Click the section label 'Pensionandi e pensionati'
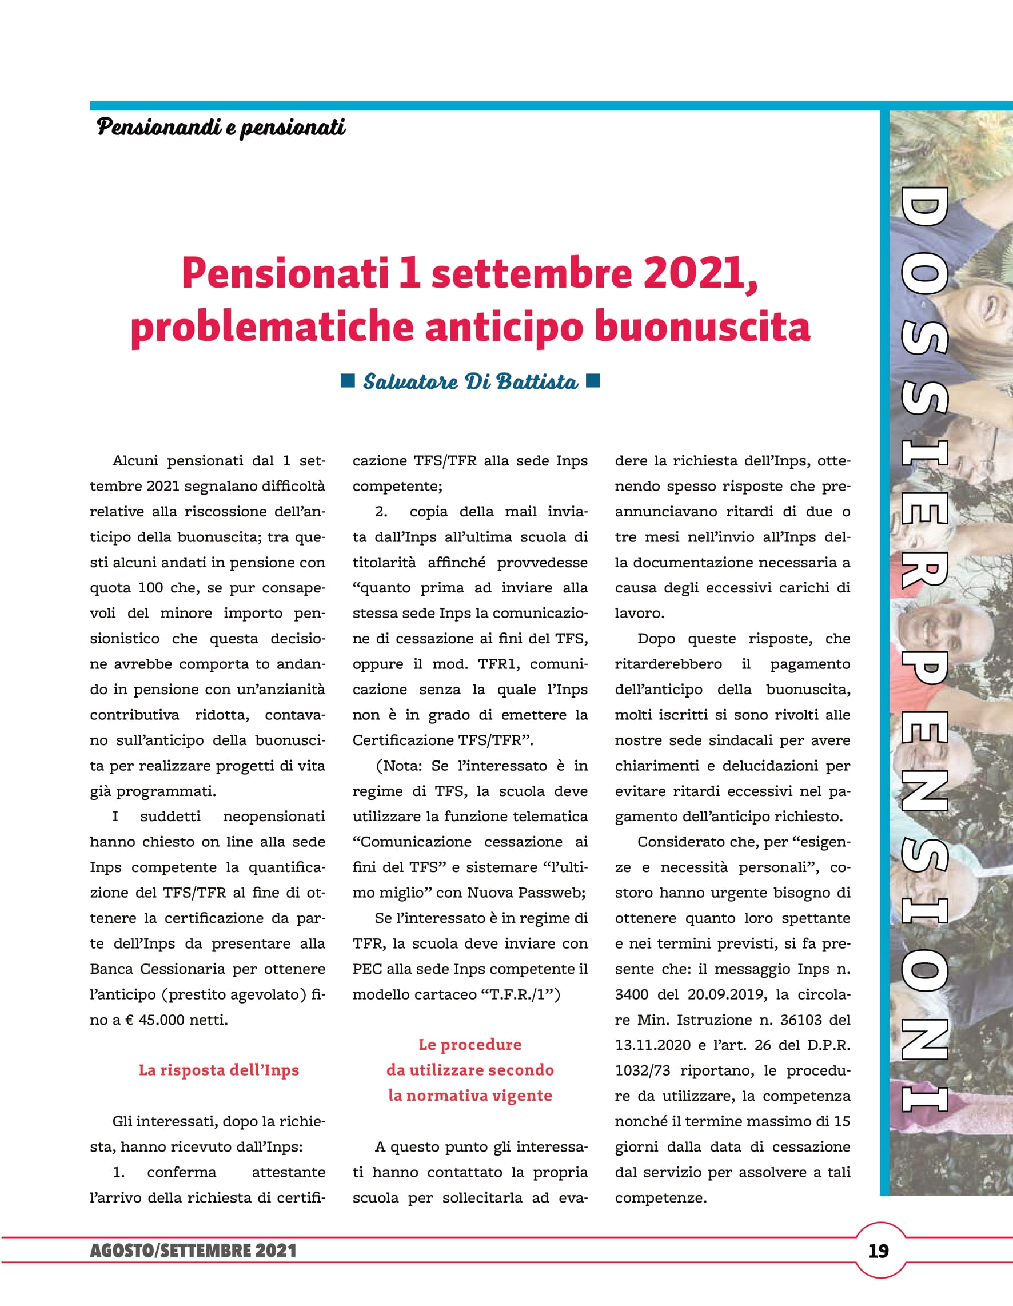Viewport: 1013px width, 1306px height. coord(221,127)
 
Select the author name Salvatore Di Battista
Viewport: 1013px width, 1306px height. coord(470,381)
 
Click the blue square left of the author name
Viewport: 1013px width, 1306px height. coord(348,380)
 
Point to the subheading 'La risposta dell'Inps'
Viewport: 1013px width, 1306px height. coord(219,1070)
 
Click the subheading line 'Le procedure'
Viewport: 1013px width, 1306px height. coord(470,1045)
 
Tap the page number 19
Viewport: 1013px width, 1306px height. coord(879,1251)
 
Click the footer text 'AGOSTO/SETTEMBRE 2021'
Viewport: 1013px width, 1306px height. coord(193,1251)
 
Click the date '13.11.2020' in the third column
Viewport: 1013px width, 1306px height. coord(652,1045)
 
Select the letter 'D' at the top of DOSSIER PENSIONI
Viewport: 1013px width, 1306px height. coord(924,213)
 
